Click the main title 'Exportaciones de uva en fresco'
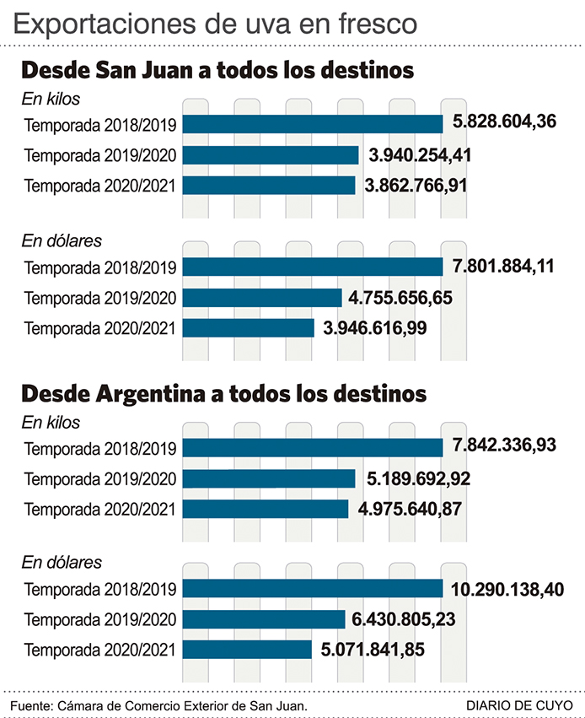pyautogui.click(x=216, y=23)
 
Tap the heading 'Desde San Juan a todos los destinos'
pyautogui.click(x=217, y=69)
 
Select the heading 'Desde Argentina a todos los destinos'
pyautogui.click(x=224, y=393)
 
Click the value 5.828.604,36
pyautogui.click(x=504, y=123)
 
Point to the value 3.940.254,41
pyautogui.click(x=420, y=154)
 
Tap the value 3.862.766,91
pyautogui.click(x=416, y=185)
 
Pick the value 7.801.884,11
pyautogui.click(x=503, y=267)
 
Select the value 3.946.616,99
pyautogui.click(x=375, y=328)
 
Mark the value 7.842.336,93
pyautogui.click(x=504, y=445)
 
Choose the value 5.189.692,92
pyautogui.click(x=418, y=478)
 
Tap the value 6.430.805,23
pyautogui.click(x=404, y=619)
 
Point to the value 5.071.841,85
pyautogui.click(x=372, y=650)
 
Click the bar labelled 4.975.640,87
pyautogui.click(x=265, y=509)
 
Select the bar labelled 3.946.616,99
pyautogui.click(x=248, y=328)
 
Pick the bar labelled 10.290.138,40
pyautogui.click(x=312, y=589)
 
